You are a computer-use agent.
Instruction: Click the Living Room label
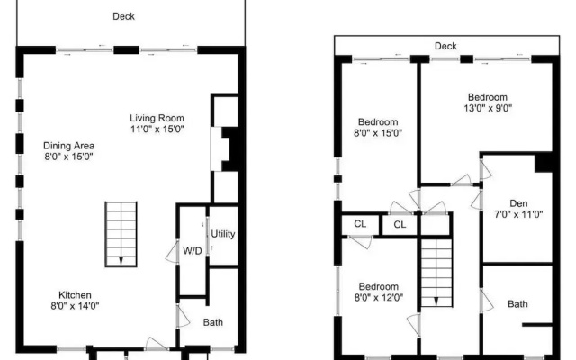pyautogui.click(x=157, y=118)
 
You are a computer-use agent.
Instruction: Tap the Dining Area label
pyautogui.click(x=68, y=146)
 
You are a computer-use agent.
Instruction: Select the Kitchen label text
pyautogui.click(x=75, y=295)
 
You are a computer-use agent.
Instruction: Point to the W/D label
pyautogui.click(x=193, y=251)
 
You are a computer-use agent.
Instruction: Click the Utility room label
pyautogui.click(x=223, y=234)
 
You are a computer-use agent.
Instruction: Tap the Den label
pyautogui.click(x=518, y=203)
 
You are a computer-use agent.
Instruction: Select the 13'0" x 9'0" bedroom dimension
pyautogui.click(x=488, y=108)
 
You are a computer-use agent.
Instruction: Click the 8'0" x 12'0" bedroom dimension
pyautogui.click(x=379, y=297)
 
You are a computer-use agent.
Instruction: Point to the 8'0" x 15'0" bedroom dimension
pyautogui.click(x=378, y=132)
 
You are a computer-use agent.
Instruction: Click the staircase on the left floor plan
pyautogui.click(x=121, y=234)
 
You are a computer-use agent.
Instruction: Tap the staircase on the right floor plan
pyautogui.click(x=436, y=273)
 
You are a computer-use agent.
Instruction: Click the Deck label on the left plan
pyautogui.click(x=124, y=16)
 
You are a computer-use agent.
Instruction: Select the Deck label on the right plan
pyautogui.click(x=445, y=46)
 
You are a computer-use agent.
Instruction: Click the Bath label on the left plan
pyautogui.click(x=213, y=322)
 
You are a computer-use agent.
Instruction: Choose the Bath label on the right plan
pyautogui.click(x=517, y=304)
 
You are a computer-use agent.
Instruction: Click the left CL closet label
pyautogui.click(x=360, y=224)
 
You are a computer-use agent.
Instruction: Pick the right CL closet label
pyautogui.click(x=400, y=224)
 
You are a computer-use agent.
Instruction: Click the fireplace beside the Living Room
pyautogui.click(x=226, y=148)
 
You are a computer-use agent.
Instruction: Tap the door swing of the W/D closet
pyautogui.click(x=172, y=251)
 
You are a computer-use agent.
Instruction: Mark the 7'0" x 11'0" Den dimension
pyautogui.click(x=518, y=214)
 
